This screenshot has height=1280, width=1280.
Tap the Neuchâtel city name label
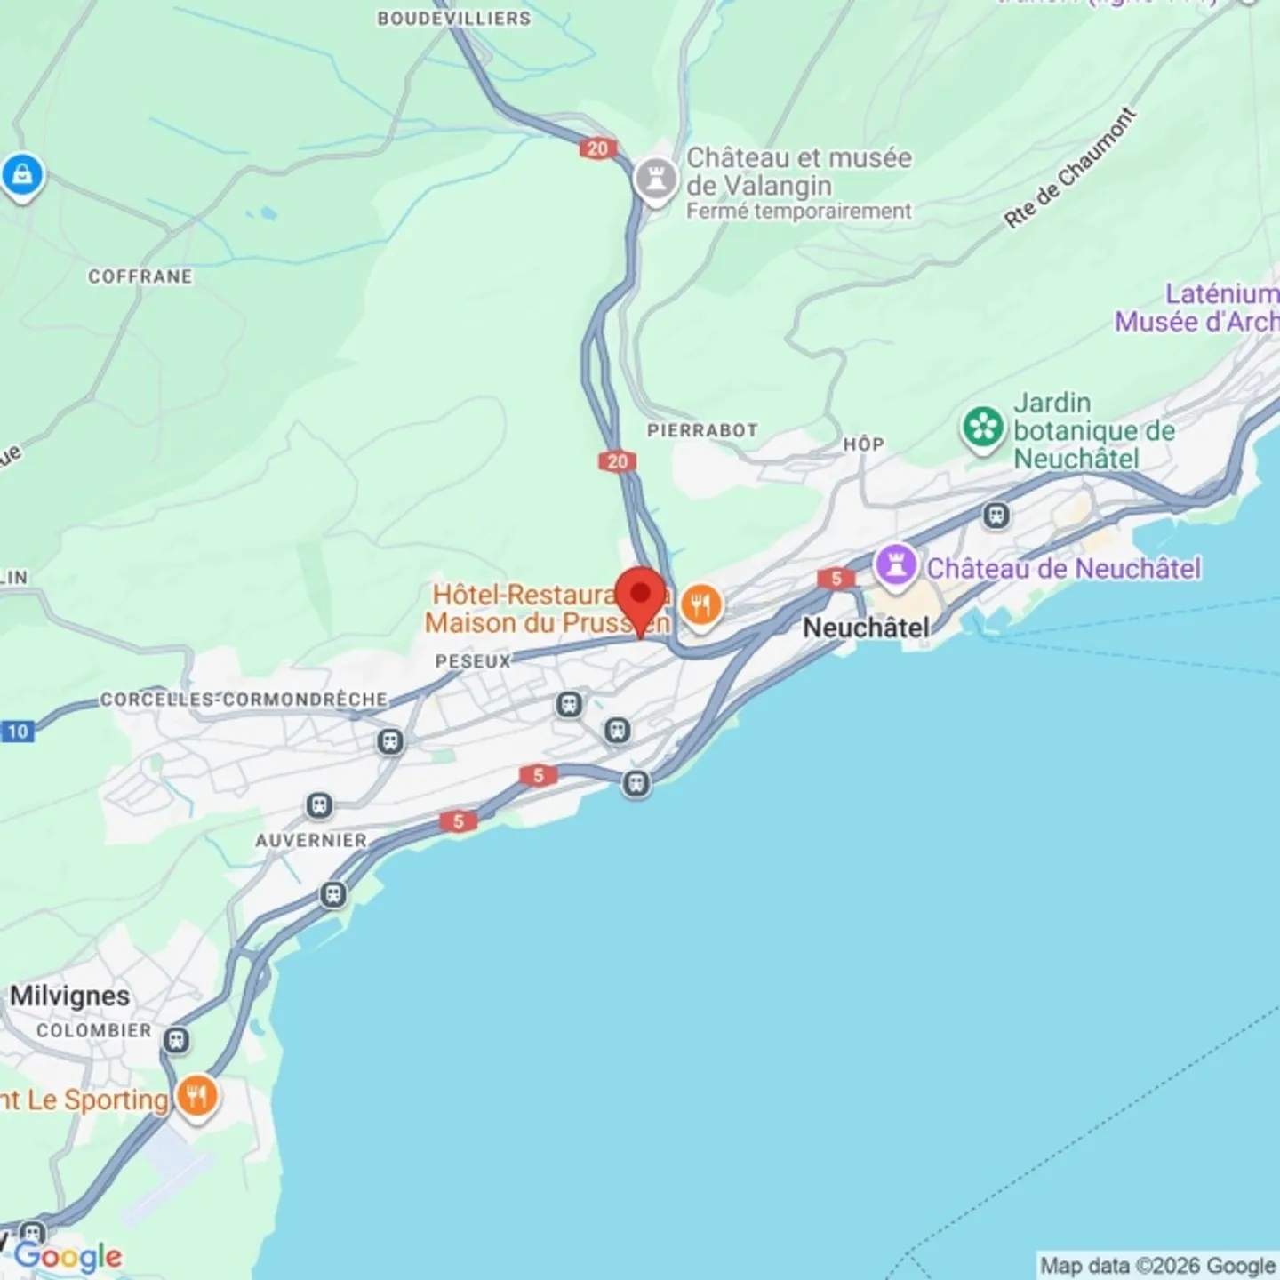tap(865, 628)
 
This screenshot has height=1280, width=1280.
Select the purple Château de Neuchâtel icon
tap(895, 564)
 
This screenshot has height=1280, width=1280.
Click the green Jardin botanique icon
tap(982, 428)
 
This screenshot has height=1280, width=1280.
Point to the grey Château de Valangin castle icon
tap(656, 180)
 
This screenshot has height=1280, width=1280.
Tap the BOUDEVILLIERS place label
tap(453, 19)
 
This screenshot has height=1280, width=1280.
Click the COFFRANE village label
tap(140, 276)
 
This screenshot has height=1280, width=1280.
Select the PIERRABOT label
tap(702, 430)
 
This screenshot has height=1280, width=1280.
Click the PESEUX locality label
tap(473, 661)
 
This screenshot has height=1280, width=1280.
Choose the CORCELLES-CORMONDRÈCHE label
tap(244, 700)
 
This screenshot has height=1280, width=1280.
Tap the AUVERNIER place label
tap(311, 840)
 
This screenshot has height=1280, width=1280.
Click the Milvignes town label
tap(69, 996)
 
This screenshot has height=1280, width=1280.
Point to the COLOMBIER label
tap(94, 1030)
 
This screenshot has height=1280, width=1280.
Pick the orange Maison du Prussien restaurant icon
tap(701, 606)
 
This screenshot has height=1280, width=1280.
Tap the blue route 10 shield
tap(17, 732)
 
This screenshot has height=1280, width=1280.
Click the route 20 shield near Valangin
tap(597, 148)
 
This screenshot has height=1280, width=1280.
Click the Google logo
tap(68, 1256)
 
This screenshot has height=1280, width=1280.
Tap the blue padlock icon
tap(22, 174)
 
